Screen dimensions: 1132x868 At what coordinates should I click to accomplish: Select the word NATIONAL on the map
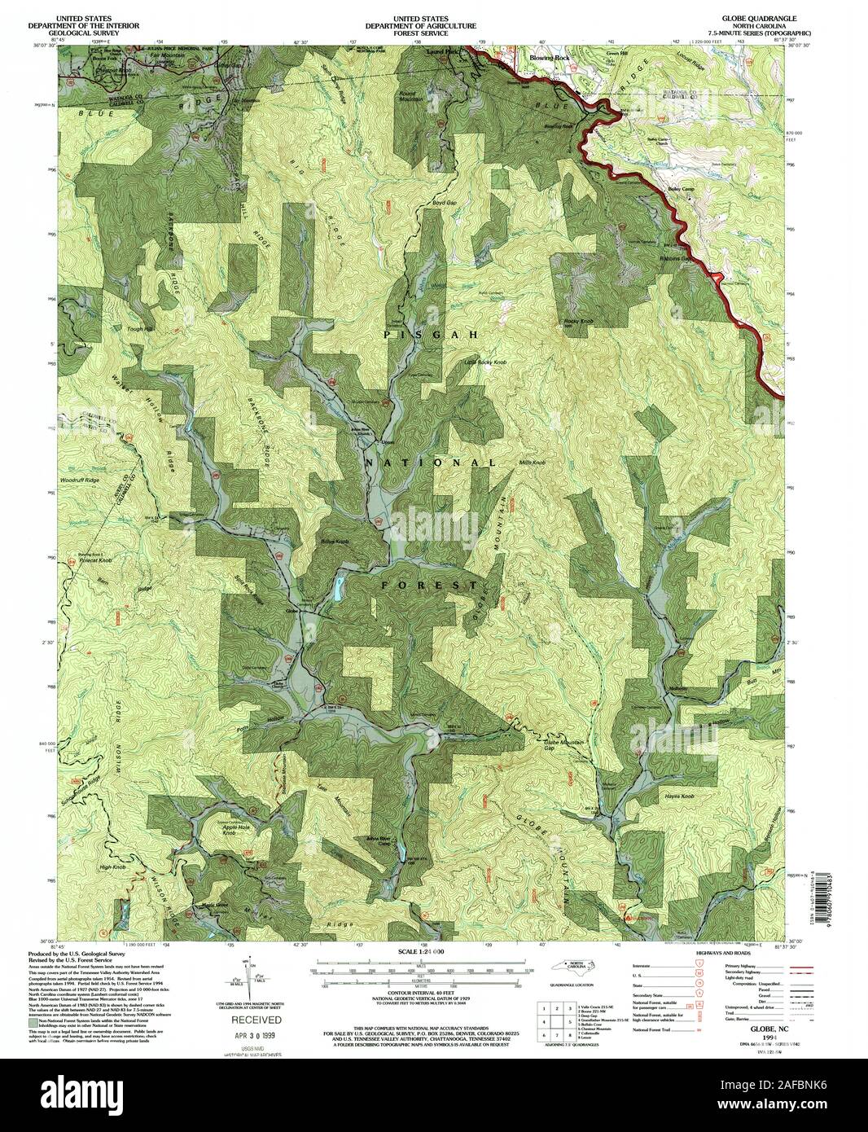[430, 462]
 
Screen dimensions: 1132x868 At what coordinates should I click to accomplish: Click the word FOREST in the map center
[429, 585]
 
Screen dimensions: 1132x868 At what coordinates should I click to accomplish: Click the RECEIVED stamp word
[255, 1020]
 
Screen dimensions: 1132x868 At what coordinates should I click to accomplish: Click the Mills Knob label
[532, 463]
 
